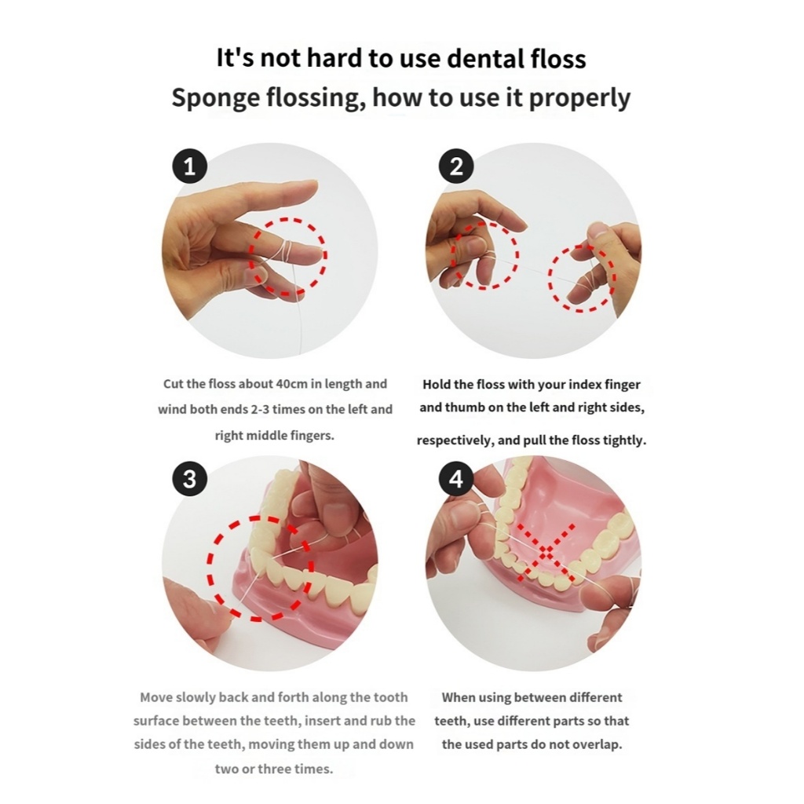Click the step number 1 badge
click(190, 166)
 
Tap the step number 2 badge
click(456, 166)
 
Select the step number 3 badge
click(190, 480)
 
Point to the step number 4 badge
click(456, 480)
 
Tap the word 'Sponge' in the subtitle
click(216, 98)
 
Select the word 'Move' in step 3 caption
click(156, 697)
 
